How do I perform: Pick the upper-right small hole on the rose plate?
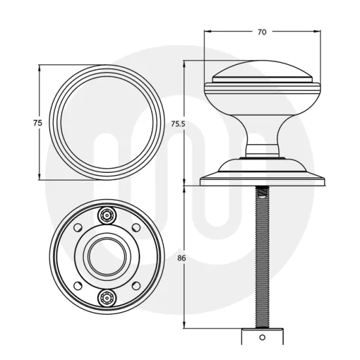[135, 229]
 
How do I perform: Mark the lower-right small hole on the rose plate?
[135, 285]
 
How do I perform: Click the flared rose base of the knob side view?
[262, 175]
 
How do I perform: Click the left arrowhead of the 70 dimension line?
[207, 31]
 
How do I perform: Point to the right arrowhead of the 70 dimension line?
[319, 31]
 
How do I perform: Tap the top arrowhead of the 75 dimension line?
[41, 67]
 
